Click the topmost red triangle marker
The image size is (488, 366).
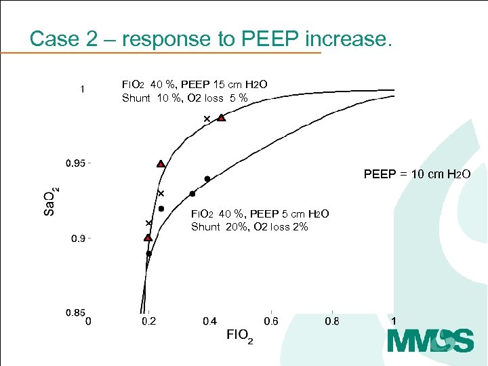point(221,118)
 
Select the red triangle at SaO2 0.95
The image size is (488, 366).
point(161,163)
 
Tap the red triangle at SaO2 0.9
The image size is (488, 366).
point(148,237)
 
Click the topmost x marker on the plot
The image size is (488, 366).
point(207,119)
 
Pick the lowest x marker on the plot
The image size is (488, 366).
point(148,223)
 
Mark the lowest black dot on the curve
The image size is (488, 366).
point(149,253)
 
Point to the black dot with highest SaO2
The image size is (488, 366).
point(207,179)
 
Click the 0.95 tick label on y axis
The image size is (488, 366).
point(75,163)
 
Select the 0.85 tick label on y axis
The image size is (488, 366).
point(75,312)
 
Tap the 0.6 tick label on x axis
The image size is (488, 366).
point(271,321)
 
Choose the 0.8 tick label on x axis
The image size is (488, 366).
point(332,321)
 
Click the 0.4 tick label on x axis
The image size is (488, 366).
point(210,321)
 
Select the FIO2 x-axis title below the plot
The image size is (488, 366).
point(239,335)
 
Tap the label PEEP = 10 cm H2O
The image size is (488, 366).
point(417,174)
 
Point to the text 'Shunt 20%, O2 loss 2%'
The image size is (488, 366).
point(249,226)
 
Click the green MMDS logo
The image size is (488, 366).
point(430,340)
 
